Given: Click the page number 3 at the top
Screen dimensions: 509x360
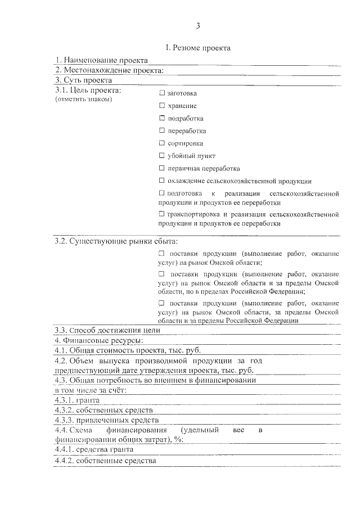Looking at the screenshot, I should (198, 26).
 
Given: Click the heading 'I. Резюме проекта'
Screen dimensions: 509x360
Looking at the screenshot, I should (198, 48).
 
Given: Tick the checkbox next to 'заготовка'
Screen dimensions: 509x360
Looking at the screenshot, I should (162, 93).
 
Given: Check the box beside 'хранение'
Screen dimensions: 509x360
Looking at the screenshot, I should (162, 106).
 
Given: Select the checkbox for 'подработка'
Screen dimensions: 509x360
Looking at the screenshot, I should (162, 118).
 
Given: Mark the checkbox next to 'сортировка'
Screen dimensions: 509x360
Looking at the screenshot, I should (162, 143).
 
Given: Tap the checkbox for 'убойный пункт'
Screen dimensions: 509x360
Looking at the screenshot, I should (162, 156).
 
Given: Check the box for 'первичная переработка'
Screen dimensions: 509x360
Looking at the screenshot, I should (162, 168).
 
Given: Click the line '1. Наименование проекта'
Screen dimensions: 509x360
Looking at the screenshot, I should (101, 60).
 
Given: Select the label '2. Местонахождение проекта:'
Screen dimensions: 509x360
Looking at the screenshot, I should (109, 70).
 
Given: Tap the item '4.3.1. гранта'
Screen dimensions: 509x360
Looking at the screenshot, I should (77, 400).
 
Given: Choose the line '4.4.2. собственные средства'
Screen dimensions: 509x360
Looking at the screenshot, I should (105, 461).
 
